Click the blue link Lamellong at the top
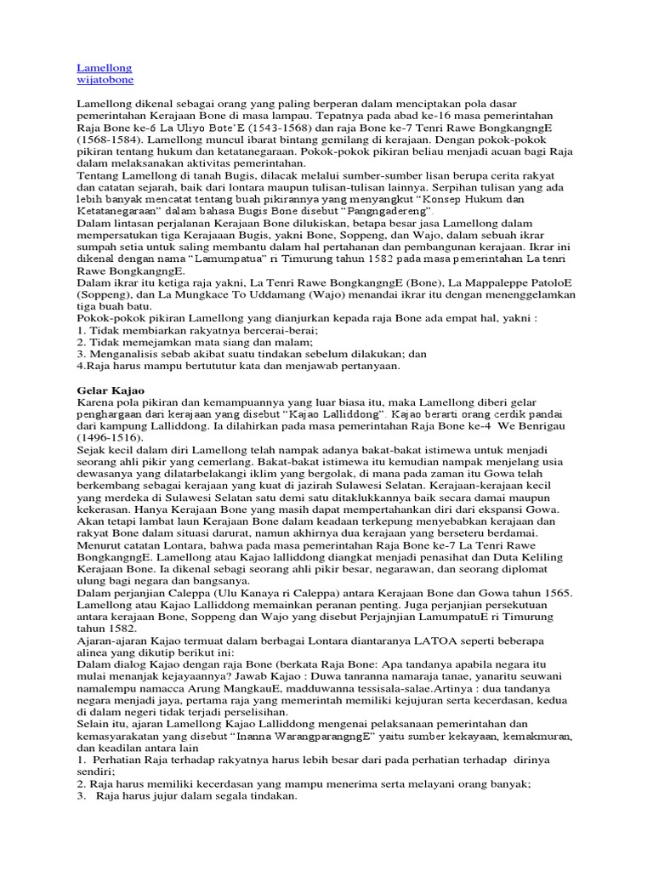coord(105,66)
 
